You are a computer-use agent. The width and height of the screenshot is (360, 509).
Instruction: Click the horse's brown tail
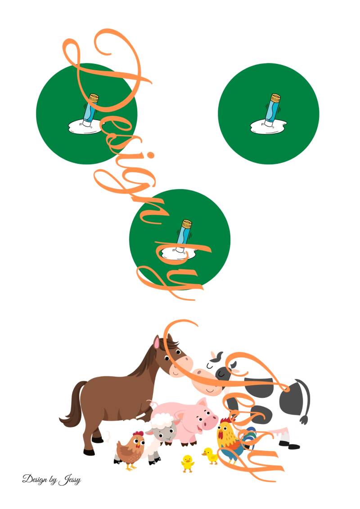(x=73, y=406)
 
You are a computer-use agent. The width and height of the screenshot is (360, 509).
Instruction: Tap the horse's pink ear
(x=157, y=342)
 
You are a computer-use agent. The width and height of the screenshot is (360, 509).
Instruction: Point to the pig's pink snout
(x=210, y=422)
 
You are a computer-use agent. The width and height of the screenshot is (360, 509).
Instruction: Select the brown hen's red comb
(x=138, y=434)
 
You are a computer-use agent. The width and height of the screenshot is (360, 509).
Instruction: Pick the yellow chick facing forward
(x=188, y=463)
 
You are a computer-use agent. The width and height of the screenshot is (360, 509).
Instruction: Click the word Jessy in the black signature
(x=70, y=480)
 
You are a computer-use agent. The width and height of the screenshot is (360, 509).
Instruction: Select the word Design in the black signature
(x=32, y=479)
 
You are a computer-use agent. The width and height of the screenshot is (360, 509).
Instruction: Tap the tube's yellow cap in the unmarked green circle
(x=275, y=98)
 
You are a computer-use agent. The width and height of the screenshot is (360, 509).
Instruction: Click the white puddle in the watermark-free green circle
(x=269, y=126)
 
